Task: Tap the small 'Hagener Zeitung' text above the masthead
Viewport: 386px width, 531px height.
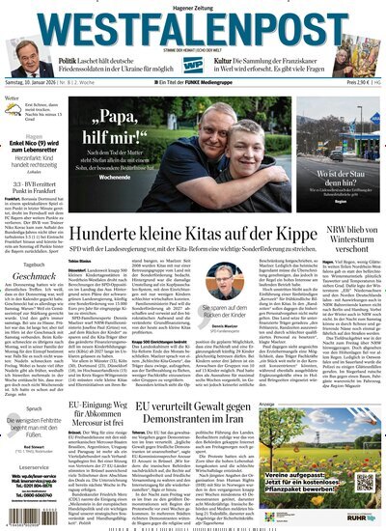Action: point(192,7)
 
